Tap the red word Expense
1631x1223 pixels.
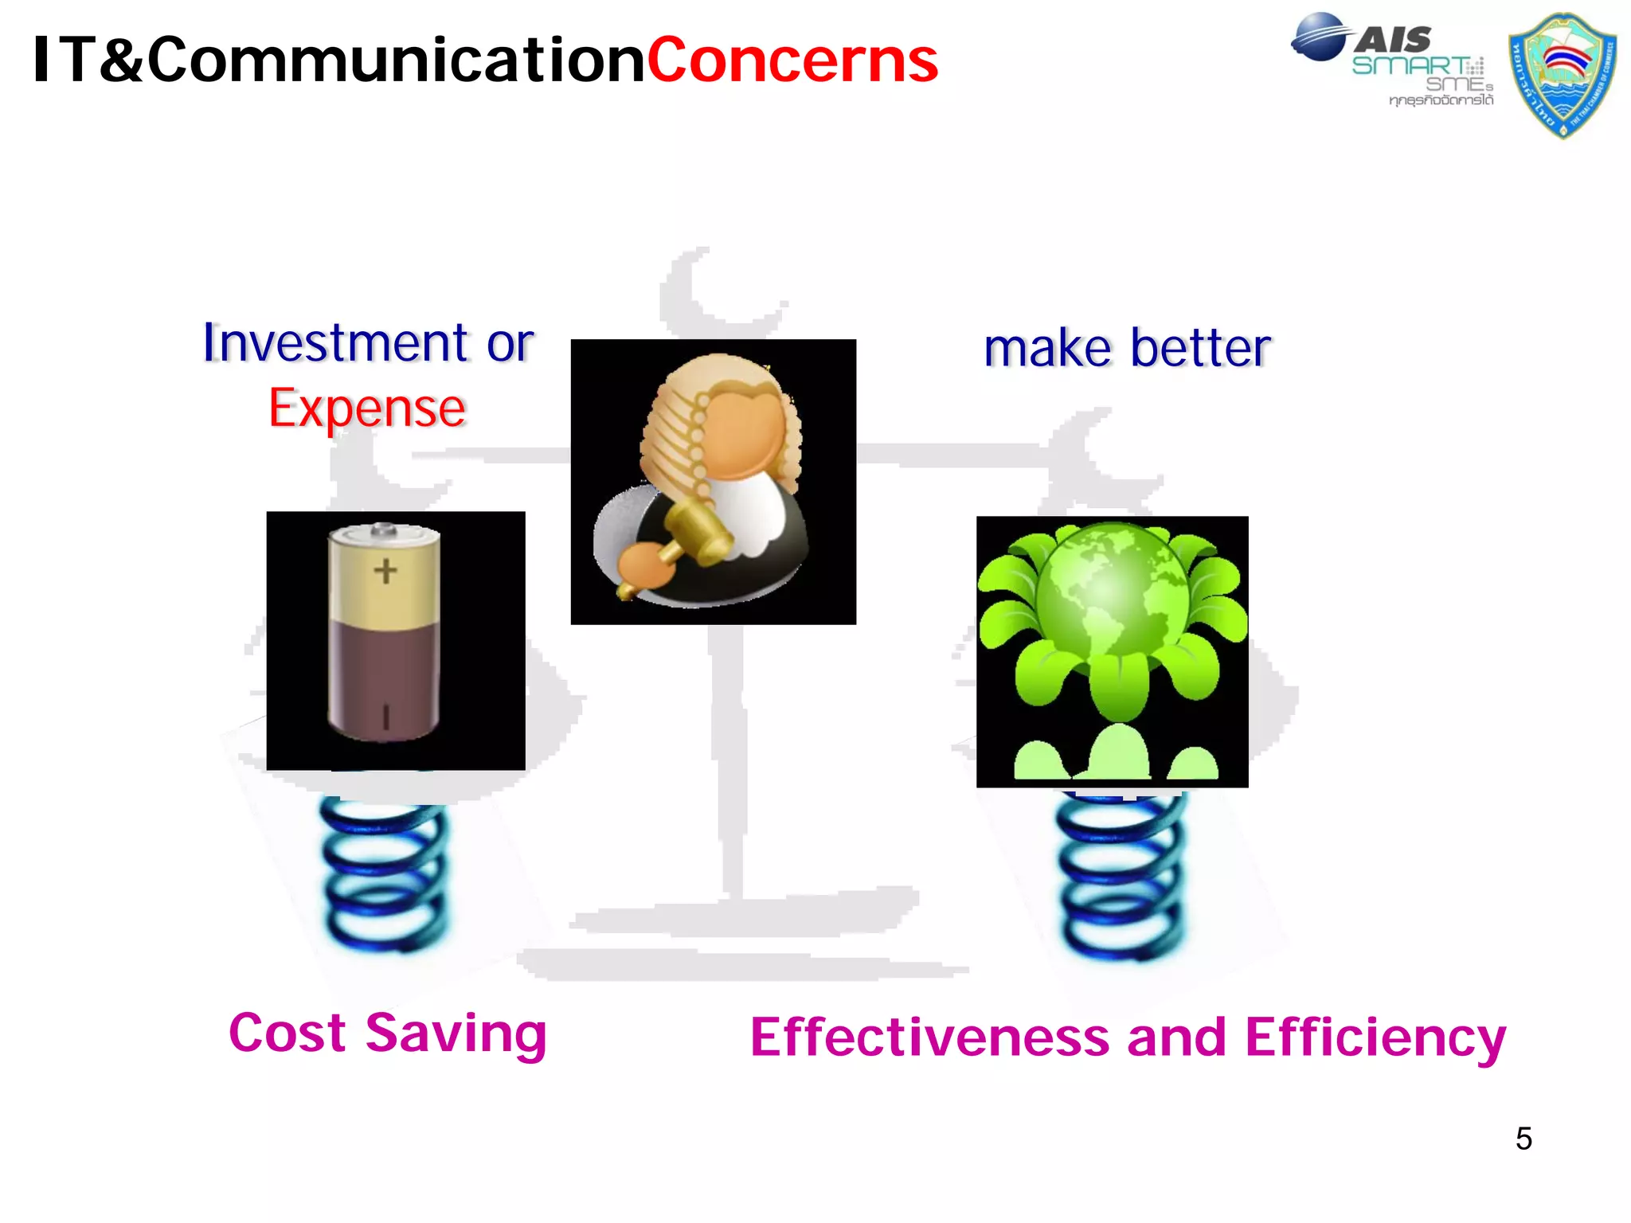[366, 408]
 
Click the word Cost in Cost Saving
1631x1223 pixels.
[287, 1033]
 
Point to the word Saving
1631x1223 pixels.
[456, 1034]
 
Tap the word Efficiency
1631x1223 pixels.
[1375, 1039]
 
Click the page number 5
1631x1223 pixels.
[1523, 1139]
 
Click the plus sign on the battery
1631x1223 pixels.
[385, 570]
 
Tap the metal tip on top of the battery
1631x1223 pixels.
[384, 529]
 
